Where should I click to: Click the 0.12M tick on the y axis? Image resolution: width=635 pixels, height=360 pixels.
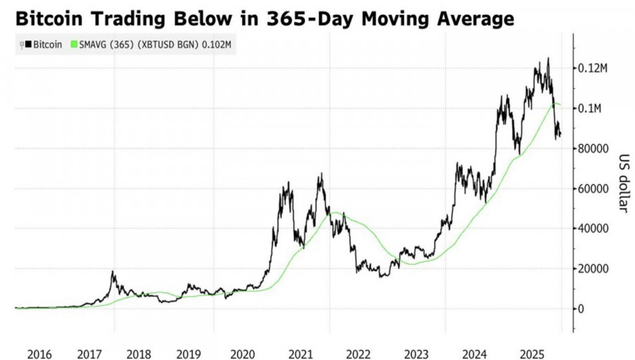(594, 68)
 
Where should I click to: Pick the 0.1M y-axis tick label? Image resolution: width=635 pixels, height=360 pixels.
(592, 109)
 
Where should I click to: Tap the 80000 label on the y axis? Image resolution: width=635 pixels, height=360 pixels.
(593, 149)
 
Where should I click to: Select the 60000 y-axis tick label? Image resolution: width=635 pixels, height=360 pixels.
(593, 189)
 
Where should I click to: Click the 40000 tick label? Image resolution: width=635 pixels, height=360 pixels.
(593, 229)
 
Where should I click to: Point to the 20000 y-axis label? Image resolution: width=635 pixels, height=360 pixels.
(593, 269)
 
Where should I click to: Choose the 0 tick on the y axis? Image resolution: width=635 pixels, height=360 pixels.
(582, 309)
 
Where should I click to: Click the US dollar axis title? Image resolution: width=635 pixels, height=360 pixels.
(624, 181)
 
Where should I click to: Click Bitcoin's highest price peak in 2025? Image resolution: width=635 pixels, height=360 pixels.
(548, 59)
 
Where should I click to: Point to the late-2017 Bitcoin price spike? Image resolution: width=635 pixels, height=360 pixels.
(112, 272)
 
